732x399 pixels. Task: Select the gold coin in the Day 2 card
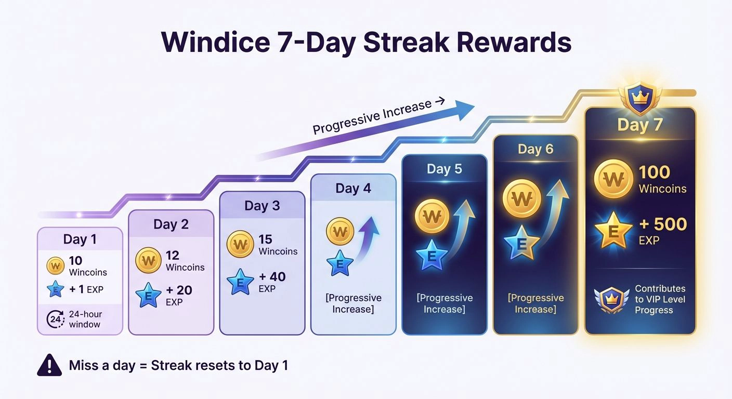click(148, 260)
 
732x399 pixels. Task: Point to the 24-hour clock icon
click(56, 320)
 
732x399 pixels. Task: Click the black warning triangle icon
click(49, 365)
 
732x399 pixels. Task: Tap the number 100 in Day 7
click(654, 172)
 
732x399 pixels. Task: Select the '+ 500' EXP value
click(663, 224)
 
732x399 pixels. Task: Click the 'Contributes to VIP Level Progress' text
click(660, 299)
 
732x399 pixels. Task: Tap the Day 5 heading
click(444, 169)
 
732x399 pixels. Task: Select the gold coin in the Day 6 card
click(521, 198)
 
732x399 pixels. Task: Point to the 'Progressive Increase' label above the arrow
click(372, 117)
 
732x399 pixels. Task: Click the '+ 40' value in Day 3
click(272, 276)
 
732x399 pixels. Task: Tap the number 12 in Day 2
click(173, 255)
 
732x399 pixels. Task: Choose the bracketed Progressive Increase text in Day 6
click(535, 303)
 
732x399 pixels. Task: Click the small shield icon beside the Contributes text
click(608, 299)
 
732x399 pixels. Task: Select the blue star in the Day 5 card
click(431, 255)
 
